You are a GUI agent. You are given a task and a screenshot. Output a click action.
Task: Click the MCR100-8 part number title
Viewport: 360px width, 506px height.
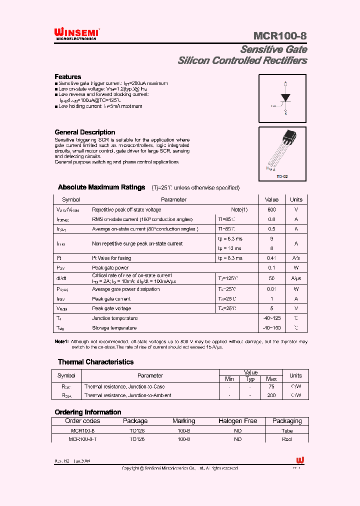280,36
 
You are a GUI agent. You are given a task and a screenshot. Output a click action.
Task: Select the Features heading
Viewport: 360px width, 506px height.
67,76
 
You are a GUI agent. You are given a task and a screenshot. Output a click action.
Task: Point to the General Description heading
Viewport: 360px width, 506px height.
84,132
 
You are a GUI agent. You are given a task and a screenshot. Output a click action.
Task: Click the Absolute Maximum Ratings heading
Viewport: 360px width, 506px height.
101,187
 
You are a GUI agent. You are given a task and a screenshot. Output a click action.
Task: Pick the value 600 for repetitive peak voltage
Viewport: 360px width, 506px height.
271,209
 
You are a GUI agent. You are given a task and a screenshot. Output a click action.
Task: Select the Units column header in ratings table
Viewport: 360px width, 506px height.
296,199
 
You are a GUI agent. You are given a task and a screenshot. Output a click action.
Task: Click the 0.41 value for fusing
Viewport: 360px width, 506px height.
271,258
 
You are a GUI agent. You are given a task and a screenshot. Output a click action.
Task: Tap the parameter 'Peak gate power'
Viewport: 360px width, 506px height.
110,268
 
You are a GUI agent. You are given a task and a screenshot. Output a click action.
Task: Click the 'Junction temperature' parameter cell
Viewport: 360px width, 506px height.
114,318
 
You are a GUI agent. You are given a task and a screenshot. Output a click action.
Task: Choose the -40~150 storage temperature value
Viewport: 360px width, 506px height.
271,328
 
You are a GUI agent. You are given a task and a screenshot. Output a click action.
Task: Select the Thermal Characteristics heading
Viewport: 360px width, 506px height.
95,362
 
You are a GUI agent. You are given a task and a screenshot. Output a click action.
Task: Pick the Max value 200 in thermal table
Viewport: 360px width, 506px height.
271,395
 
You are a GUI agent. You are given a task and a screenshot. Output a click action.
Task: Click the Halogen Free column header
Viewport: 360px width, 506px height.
237,421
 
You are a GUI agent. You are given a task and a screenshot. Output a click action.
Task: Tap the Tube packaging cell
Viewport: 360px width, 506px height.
287,430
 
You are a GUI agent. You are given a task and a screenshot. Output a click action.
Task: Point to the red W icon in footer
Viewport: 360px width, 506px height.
300,460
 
